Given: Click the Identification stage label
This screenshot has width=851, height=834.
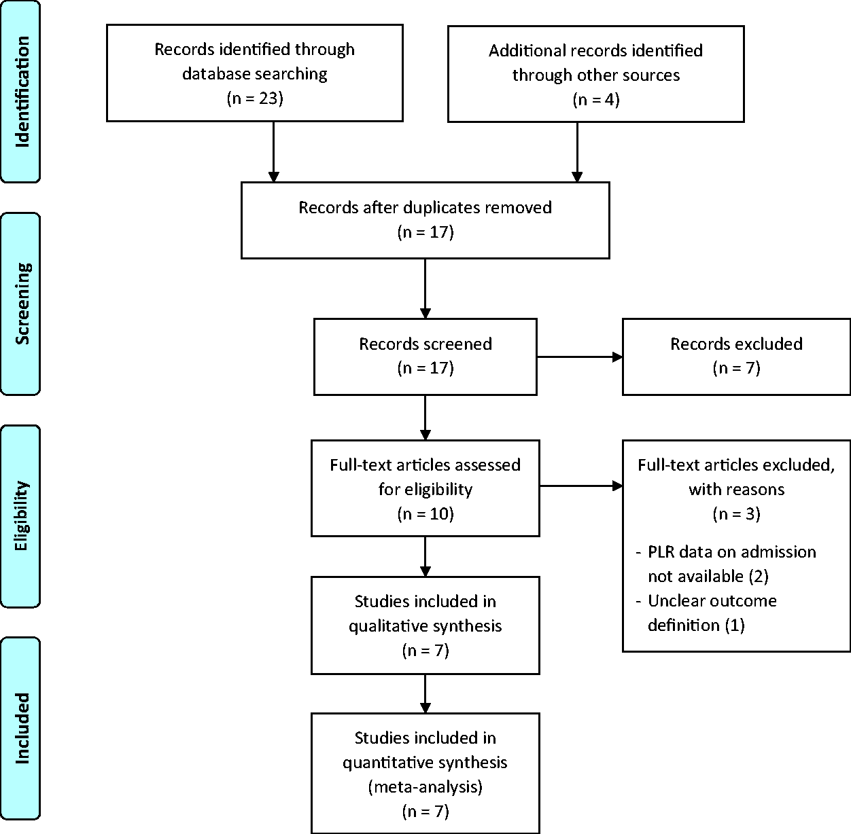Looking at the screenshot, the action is tap(22, 92).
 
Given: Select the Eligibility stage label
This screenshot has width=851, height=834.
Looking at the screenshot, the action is tap(21, 516).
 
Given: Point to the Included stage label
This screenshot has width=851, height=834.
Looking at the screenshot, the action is tap(22, 728).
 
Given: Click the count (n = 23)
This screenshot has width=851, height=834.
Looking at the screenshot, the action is tap(255, 98).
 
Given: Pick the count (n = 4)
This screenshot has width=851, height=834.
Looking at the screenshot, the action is tap(596, 100).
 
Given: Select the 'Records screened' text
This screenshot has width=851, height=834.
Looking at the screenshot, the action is tap(425, 344).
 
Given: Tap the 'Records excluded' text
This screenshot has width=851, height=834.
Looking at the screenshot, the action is tap(737, 344).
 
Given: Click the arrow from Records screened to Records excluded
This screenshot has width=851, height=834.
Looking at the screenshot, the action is tap(580, 357).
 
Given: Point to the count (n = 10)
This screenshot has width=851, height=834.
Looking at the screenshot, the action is tap(425, 513).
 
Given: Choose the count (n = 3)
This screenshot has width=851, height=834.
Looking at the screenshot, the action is tap(737, 513).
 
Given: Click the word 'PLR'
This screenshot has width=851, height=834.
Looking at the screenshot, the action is tap(661, 552).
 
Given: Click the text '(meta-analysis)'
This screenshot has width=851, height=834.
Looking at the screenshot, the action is tap(425, 786).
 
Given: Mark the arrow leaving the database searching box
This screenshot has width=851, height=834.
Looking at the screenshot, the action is tap(274, 152).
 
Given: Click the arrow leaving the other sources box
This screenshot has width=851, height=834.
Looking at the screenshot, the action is tap(577, 152).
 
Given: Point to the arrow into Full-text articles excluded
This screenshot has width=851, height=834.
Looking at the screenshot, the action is tap(581, 486).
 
